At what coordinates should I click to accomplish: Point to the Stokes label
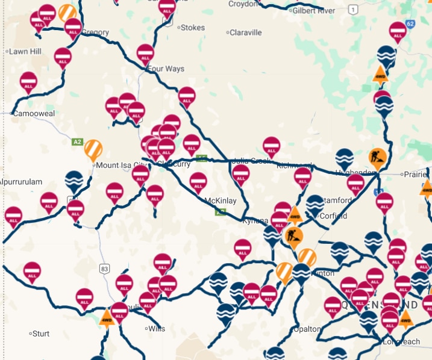pyautogui.click(x=193, y=27)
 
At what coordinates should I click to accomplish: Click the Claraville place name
pyautogui.click(x=246, y=33)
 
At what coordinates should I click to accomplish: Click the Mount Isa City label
pyautogui.click(x=121, y=164)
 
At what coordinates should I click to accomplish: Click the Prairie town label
pyautogui.click(x=416, y=174)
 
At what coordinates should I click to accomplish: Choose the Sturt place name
pyautogui.click(x=42, y=333)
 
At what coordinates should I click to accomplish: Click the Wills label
pyautogui.click(x=156, y=329)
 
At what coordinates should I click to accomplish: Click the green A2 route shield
pyautogui.click(x=77, y=142)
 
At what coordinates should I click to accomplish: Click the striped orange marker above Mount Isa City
pyautogui.click(x=93, y=149)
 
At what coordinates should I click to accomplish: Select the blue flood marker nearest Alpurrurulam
pyautogui.click(x=74, y=181)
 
